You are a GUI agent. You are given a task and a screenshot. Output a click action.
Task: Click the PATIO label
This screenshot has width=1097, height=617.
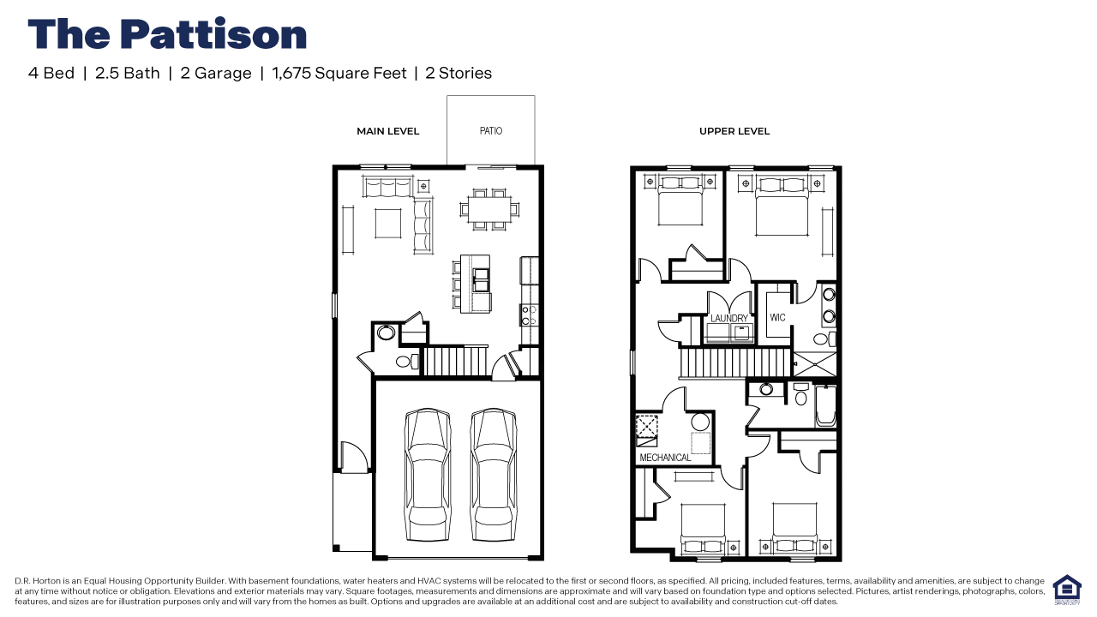pyautogui.click(x=491, y=131)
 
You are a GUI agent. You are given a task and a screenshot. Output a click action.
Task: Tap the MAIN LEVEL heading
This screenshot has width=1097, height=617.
pyautogui.click(x=388, y=131)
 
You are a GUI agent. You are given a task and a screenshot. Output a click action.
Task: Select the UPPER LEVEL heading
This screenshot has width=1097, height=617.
pyautogui.click(x=734, y=131)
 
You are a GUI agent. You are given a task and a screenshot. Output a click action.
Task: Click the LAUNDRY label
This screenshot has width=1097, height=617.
pyautogui.click(x=729, y=318)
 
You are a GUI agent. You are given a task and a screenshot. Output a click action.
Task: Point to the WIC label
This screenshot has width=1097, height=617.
pyautogui.click(x=777, y=317)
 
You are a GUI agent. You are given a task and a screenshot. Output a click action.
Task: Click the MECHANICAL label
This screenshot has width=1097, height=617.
pyautogui.click(x=665, y=458)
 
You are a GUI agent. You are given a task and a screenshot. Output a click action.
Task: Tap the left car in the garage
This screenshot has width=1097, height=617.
pyautogui.click(x=427, y=474)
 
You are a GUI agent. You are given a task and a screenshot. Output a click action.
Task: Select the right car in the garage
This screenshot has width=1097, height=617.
pyautogui.click(x=493, y=474)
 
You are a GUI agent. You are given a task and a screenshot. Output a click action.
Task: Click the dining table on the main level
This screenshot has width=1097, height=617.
pyautogui.click(x=489, y=210)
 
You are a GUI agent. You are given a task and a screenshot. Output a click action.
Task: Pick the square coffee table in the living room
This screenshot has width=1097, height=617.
pyautogui.click(x=388, y=224)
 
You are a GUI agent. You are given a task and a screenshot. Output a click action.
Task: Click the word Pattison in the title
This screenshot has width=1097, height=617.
pyautogui.click(x=213, y=34)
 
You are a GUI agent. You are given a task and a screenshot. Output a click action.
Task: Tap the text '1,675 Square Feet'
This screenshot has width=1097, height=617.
pyautogui.click(x=339, y=73)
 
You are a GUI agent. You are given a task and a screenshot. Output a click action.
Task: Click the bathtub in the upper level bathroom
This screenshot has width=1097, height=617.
pyautogui.click(x=825, y=405)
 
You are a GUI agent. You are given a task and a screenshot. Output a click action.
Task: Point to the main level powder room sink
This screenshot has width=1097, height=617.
pyautogui.click(x=386, y=332)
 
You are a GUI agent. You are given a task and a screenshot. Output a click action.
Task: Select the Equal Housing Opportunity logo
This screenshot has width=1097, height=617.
pyautogui.click(x=1067, y=590)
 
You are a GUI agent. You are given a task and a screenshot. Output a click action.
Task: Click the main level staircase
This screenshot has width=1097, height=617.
pyautogui.click(x=454, y=361)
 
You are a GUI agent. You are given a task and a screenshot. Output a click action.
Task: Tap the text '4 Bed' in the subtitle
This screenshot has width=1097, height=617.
pyautogui.click(x=51, y=73)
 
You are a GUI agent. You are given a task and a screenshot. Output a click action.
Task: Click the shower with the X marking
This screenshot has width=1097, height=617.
pyautogui.click(x=814, y=364)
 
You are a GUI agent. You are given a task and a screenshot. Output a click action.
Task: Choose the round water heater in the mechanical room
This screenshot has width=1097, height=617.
pyautogui.click(x=700, y=422)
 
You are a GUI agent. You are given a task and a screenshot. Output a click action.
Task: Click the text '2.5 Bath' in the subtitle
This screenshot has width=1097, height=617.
pyautogui.click(x=128, y=73)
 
